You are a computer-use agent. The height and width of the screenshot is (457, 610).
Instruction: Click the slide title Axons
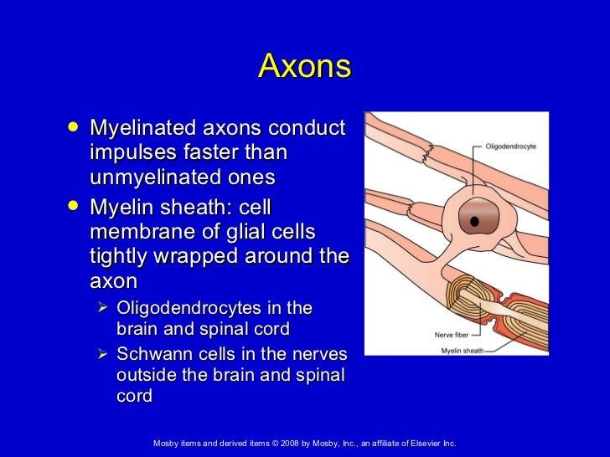point(304,66)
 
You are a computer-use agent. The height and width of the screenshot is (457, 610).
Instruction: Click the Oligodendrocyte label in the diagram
point(510,146)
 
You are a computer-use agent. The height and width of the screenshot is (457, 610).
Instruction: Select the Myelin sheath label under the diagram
point(462,350)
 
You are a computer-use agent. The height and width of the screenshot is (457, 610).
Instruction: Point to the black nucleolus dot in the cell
point(474,222)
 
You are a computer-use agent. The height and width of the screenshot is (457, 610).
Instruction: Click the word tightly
point(117,254)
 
